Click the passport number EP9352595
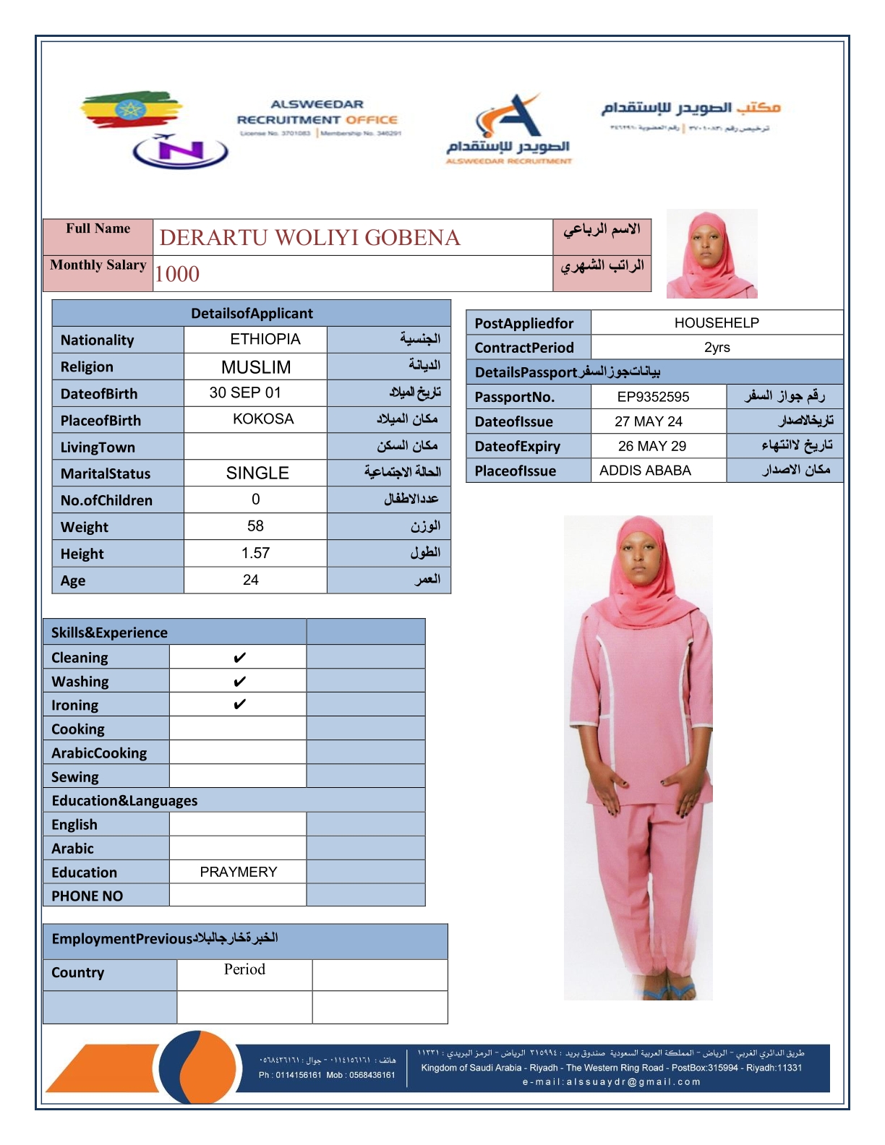[653, 397]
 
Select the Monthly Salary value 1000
[177, 274]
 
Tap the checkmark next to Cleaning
[239, 658]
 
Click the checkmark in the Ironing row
[239, 705]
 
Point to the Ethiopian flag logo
[131, 111]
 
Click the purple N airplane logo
[180, 151]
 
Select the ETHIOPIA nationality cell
[265, 339]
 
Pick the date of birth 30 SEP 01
[244, 393]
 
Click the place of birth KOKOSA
[263, 419]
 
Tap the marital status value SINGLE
[257, 473]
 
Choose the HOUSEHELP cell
[717, 323]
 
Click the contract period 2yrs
[717, 348]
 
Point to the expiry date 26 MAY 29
[652, 446]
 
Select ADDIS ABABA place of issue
[645, 471]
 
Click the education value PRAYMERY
[238, 872]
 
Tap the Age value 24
[250, 580]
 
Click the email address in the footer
[612, 1082]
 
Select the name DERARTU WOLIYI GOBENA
[309, 238]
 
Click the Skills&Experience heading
[109, 632]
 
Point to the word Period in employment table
[244, 969]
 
